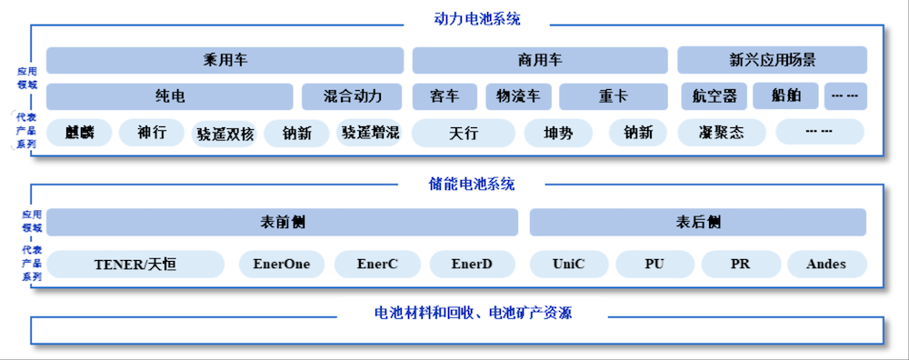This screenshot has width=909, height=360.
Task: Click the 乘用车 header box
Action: pyautogui.click(x=225, y=61)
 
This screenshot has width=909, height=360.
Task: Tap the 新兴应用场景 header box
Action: pyautogui.click(x=772, y=61)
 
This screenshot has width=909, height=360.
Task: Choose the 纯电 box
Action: pyautogui.click(x=170, y=96)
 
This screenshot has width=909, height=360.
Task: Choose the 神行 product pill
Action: pyautogui.click(x=152, y=133)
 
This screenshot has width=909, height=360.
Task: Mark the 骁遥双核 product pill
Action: pyautogui.click(x=225, y=134)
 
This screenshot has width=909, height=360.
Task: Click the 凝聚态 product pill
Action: pyautogui.click(x=722, y=133)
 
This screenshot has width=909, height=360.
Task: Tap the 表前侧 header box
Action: pyautogui.click(x=282, y=222)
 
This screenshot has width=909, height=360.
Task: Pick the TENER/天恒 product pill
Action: pyautogui.click(x=135, y=265)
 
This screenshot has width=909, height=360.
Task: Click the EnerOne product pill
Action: pyautogui.click(x=281, y=265)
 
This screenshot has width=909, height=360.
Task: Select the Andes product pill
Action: pyautogui.click(x=825, y=265)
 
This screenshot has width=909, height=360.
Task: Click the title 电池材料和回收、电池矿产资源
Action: pyautogui.click(x=473, y=314)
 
